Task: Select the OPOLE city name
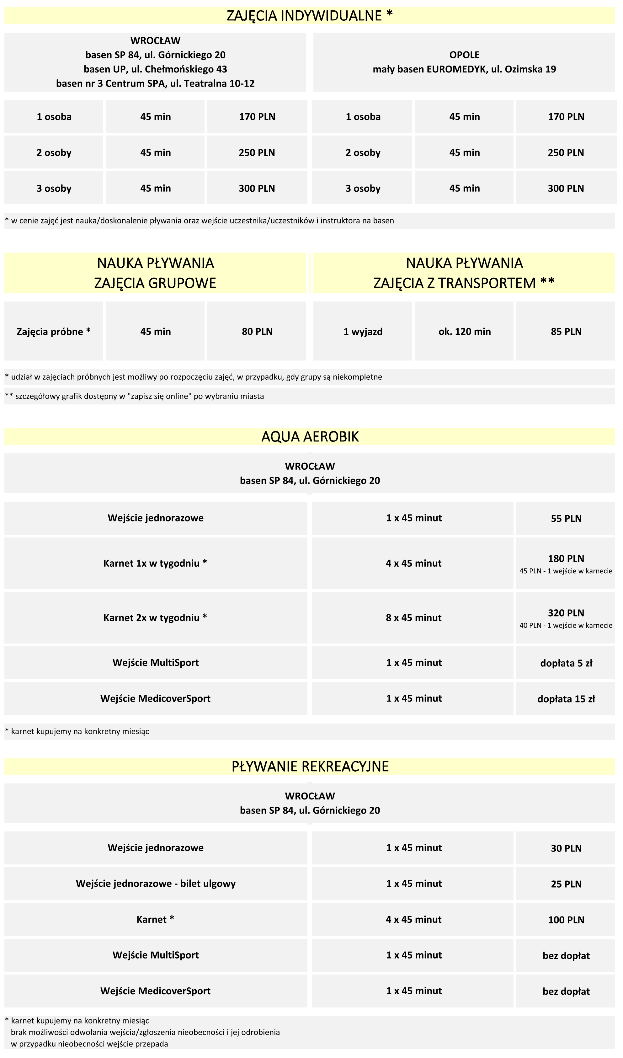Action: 464,55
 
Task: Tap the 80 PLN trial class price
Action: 257,332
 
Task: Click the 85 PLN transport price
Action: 566,332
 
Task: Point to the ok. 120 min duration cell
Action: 464,332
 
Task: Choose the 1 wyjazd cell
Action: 363,332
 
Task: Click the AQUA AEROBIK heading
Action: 310,437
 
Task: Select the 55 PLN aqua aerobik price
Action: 566,519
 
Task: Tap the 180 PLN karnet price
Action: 566,558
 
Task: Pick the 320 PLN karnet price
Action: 566,613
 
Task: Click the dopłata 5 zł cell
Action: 566,663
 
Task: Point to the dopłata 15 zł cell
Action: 566,699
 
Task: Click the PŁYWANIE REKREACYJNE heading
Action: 310,767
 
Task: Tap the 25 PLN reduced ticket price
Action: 566,884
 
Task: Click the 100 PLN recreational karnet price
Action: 566,920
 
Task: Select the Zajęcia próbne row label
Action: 53,332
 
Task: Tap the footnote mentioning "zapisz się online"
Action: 134,396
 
